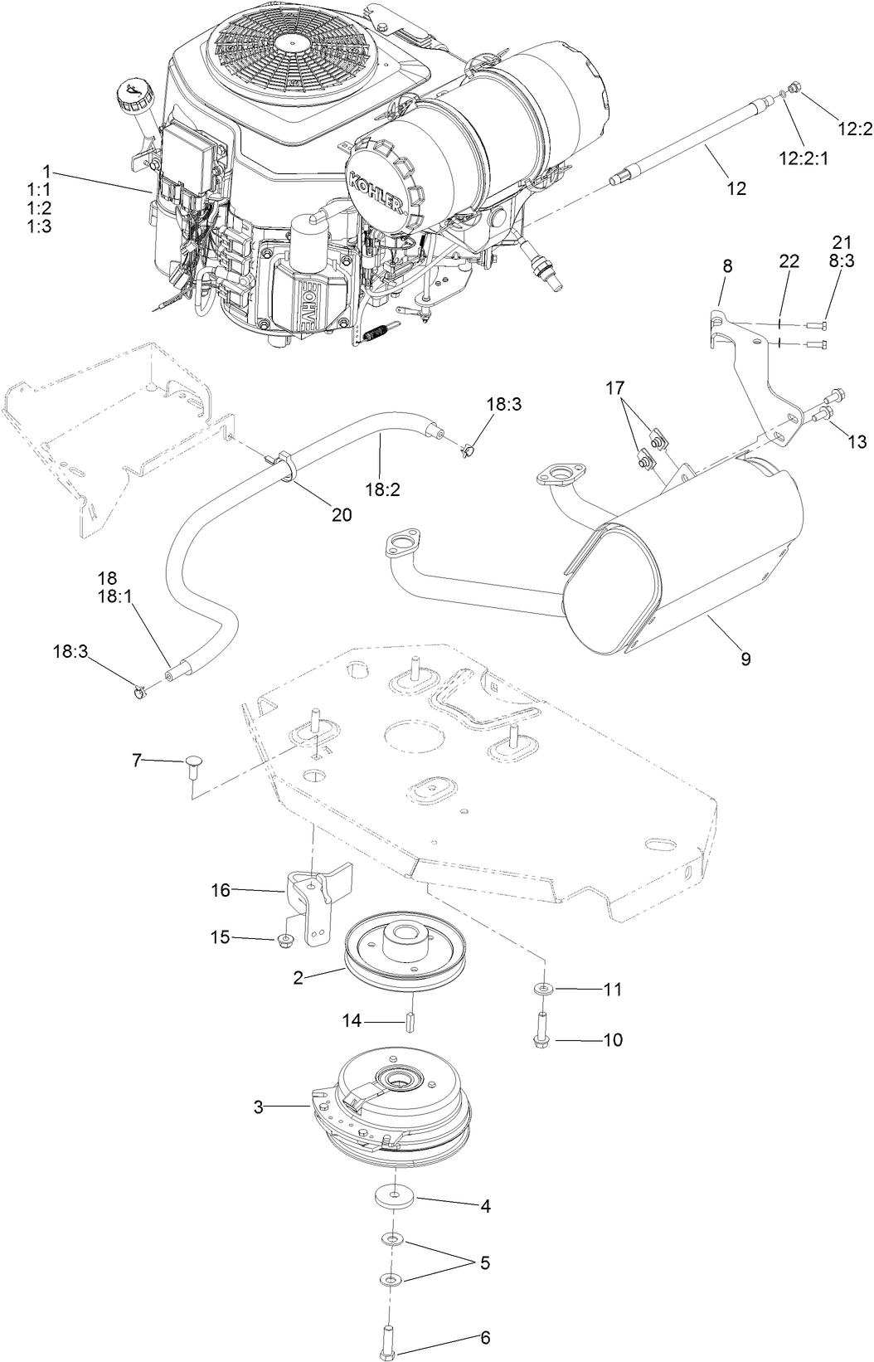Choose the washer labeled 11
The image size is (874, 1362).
click(541, 989)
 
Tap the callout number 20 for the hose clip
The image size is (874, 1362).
click(341, 514)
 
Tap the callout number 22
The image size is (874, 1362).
click(788, 262)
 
